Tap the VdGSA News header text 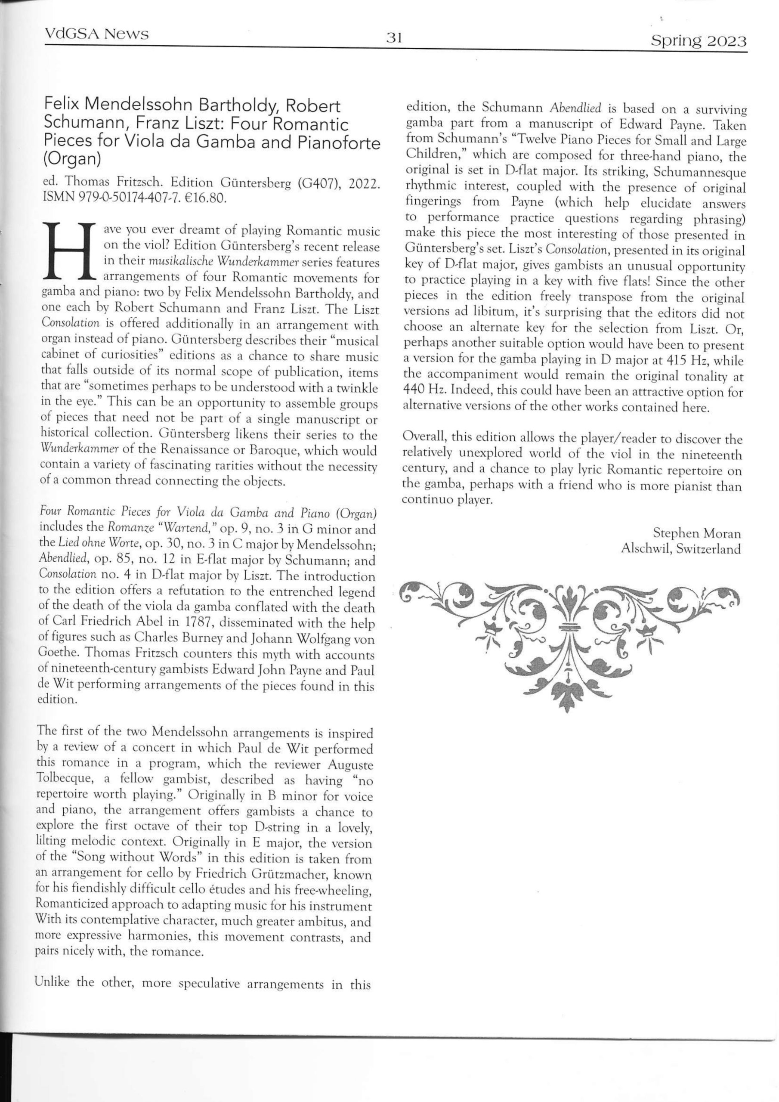pyautogui.click(x=96, y=34)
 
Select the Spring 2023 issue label pyautogui.click(x=699, y=41)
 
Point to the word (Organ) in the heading pyautogui.click(x=72, y=159)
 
